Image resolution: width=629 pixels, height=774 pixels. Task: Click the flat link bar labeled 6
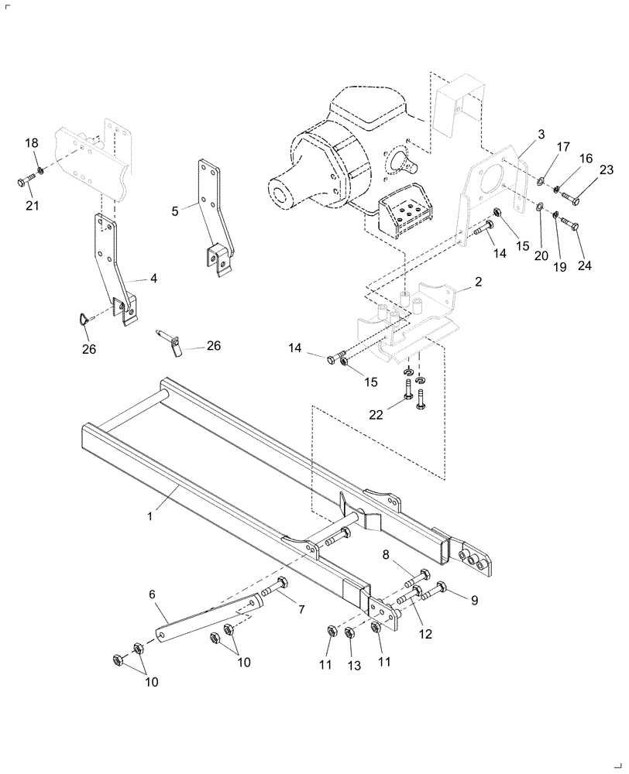point(205,618)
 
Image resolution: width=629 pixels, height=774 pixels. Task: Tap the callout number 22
point(376,415)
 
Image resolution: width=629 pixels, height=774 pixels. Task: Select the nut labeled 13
point(349,633)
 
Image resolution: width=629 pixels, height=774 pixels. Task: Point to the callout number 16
point(586,158)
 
